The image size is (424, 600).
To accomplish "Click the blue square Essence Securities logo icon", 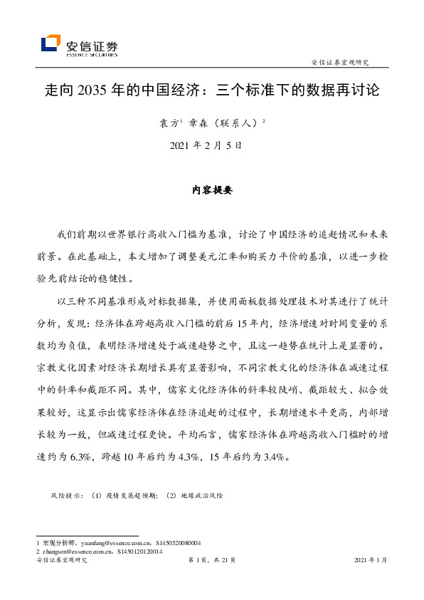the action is pos(50,43).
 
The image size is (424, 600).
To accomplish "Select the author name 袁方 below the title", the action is pos(167,123).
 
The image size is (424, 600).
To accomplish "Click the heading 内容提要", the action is pos(212,191).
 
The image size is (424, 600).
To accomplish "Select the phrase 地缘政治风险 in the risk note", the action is pos(202,494).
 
